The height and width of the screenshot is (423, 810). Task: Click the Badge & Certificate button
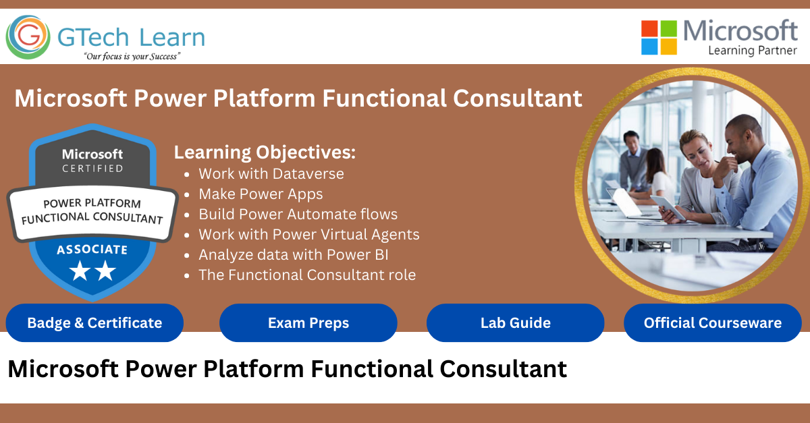point(94,323)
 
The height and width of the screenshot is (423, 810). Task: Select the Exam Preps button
point(308,323)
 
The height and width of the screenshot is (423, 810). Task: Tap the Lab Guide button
point(515,323)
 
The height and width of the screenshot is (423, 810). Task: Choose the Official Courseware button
point(712,323)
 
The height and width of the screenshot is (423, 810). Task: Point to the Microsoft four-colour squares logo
point(659,37)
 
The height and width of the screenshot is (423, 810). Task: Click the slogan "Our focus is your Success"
point(131,57)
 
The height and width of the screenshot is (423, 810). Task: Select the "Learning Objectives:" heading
point(265,152)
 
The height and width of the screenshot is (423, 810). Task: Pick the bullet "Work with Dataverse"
point(271,174)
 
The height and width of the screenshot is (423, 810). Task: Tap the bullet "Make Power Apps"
point(261,194)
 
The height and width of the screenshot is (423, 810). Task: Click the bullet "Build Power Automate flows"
point(298,215)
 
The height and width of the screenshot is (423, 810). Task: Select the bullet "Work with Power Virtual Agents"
point(308,235)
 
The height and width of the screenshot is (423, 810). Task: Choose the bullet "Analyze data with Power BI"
point(293,255)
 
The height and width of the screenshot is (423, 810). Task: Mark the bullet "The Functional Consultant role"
point(306,275)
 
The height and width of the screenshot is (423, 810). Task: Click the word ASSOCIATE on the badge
point(92,250)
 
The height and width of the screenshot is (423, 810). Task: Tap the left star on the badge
point(80,271)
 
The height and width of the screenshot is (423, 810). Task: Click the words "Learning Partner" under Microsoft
point(753,51)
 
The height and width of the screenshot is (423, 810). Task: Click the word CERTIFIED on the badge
point(92,169)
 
